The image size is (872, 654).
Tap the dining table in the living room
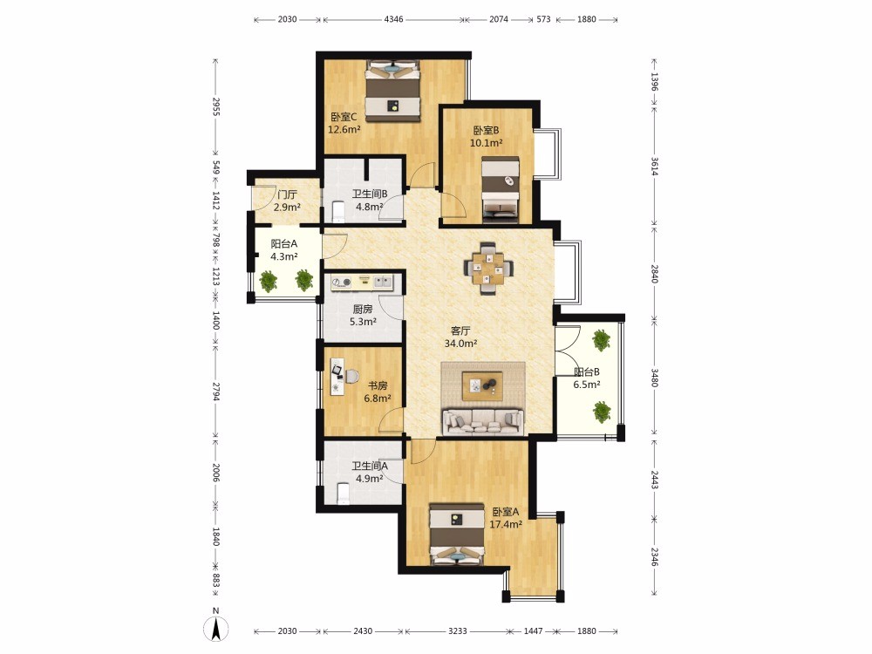point(489,268)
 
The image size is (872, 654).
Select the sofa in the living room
point(483,422)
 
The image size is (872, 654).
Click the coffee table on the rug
point(483,385)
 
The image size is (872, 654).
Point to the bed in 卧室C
point(392,91)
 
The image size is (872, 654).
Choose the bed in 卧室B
point(501,189)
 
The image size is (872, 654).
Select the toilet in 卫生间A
point(343,494)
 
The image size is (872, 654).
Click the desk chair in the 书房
point(351,377)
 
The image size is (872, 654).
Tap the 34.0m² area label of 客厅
point(460,343)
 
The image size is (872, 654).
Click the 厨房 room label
point(363,310)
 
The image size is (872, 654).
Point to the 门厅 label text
point(287,194)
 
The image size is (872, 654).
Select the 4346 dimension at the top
point(394,19)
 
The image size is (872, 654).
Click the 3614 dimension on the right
point(655,166)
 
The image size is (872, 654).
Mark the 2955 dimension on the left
point(216,106)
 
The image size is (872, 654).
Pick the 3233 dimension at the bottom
point(457,631)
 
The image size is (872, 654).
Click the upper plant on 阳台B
point(601,340)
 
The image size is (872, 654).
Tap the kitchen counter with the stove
point(363,283)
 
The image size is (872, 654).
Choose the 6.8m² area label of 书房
point(378,399)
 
